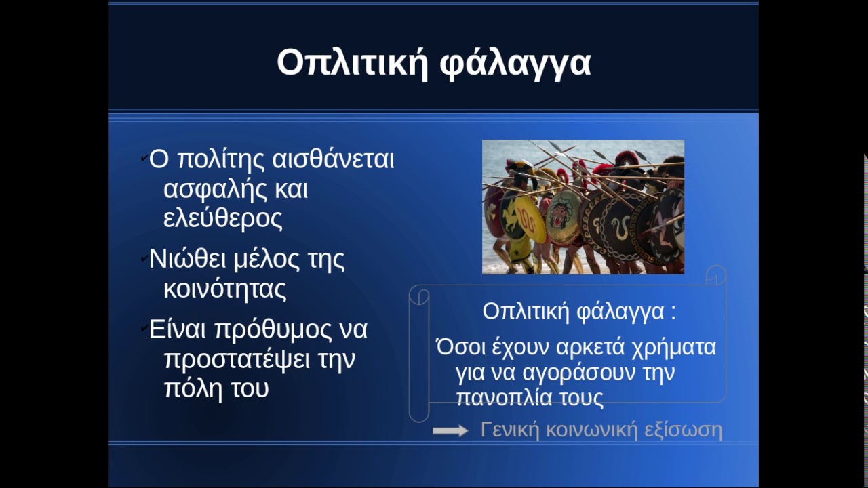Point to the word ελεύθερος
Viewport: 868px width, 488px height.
pyautogui.click(x=223, y=219)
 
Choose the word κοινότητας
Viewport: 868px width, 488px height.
pyautogui.click(x=225, y=289)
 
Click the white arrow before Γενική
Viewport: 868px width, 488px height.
pyautogui.click(x=450, y=430)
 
